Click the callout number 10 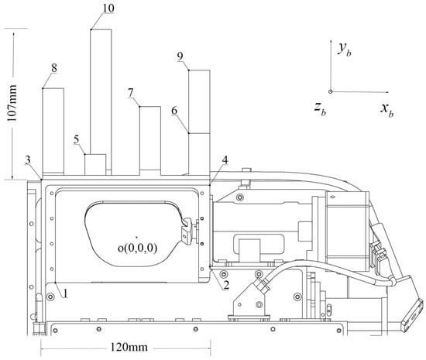(108, 9)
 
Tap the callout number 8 (54, 68)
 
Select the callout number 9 (180, 57)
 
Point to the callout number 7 (131, 93)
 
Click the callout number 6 (174, 111)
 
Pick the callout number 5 (77, 140)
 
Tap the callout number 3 (28, 160)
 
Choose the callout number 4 (225, 160)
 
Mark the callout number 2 (226, 285)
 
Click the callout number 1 (65, 293)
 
